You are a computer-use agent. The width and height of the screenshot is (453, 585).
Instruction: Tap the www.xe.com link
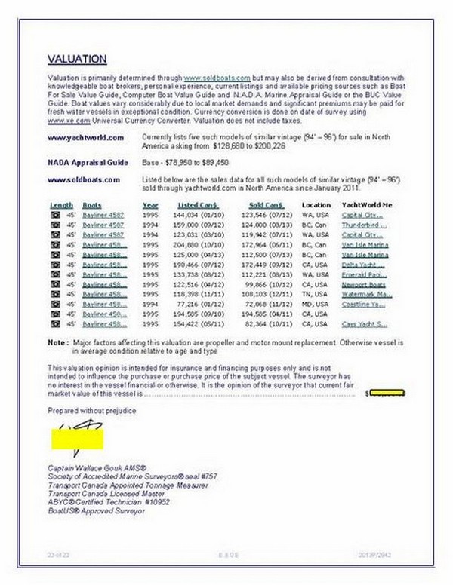click(63, 121)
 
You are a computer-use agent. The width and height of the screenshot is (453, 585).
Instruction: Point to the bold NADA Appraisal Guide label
click(82, 162)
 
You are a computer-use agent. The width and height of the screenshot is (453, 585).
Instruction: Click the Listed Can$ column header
click(198, 205)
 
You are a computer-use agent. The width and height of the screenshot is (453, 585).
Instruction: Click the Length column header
click(62, 205)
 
